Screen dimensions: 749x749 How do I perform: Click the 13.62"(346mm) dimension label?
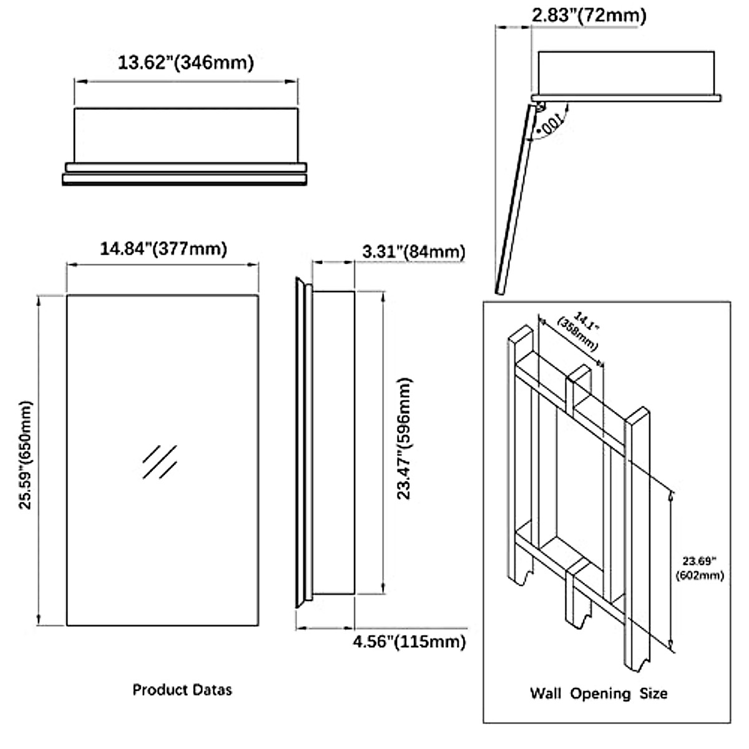[185, 62]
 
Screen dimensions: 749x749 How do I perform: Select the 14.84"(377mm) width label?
[164, 248]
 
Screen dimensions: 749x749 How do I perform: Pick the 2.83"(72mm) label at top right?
[589, 15]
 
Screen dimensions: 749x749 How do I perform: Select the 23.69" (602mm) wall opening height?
[700, 569]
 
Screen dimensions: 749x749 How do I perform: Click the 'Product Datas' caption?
[182, 690]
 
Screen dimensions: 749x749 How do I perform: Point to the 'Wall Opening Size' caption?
[599, 693]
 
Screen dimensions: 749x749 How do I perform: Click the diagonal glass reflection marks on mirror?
[160, 462]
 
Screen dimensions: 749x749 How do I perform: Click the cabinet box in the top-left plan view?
[185, 134]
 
